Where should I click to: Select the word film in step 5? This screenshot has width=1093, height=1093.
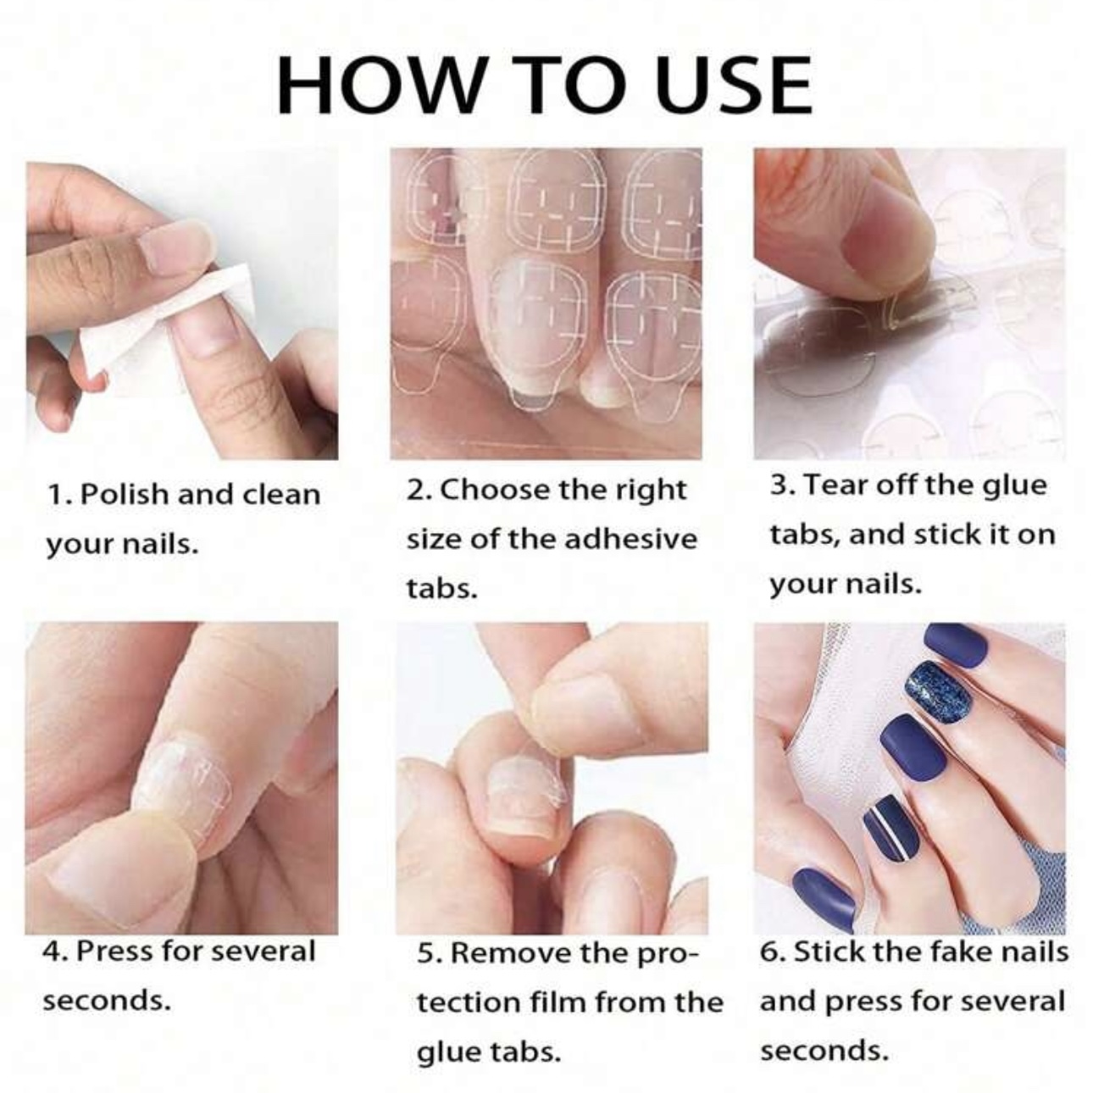coord(554,1003)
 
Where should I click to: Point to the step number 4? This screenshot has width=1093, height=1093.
coord(53,951)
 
